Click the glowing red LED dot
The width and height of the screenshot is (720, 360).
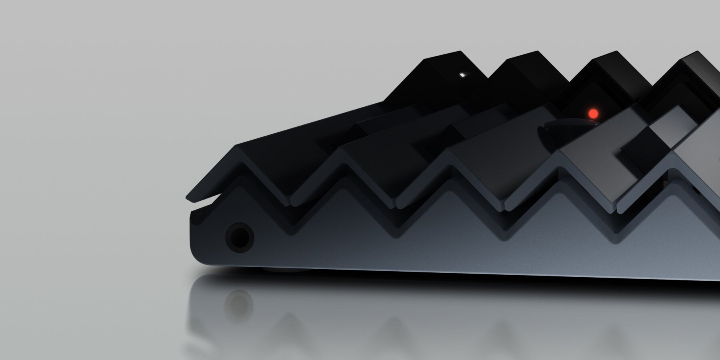[592, 113]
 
